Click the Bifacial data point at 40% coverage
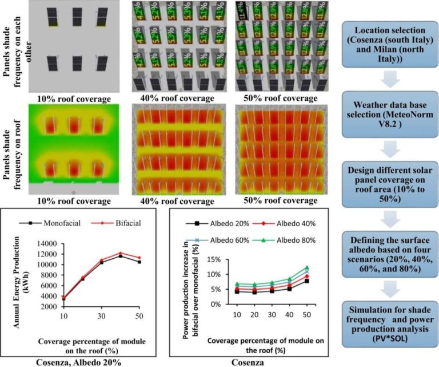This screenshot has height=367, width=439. tap(119, 252)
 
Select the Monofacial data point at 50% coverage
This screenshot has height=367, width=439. tap(139, 262)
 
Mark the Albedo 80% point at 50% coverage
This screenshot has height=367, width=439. tap(306, 267)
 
